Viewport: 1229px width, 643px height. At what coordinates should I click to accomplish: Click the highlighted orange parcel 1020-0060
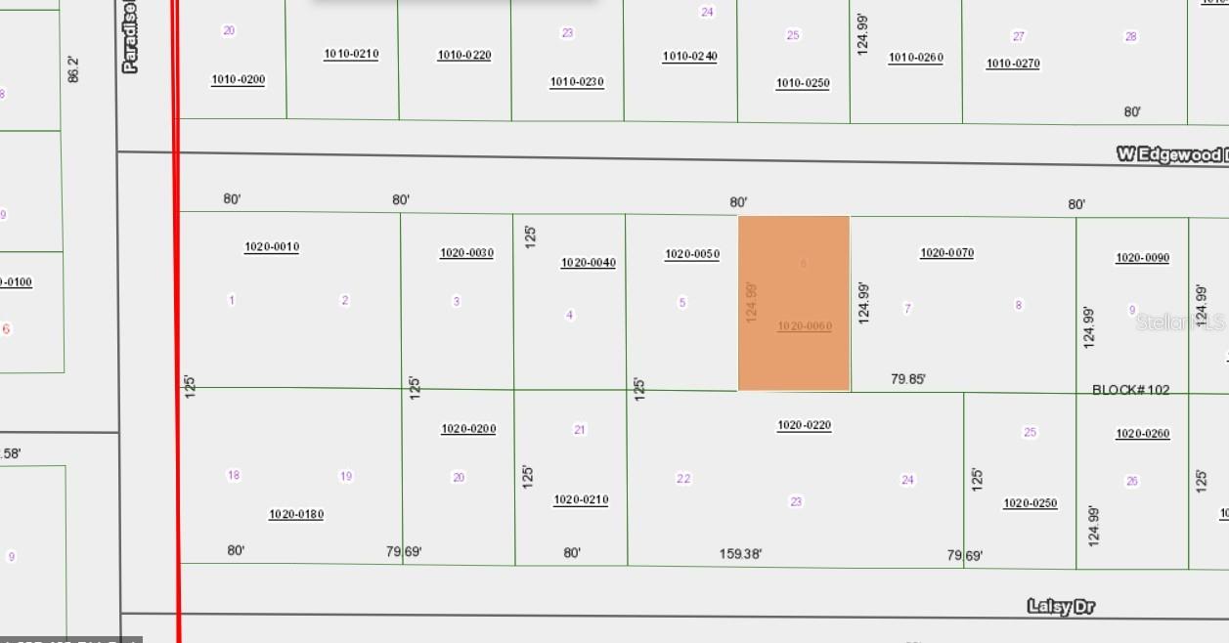coord(794,303)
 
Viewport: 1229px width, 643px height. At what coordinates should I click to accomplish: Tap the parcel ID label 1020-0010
coord(272,247)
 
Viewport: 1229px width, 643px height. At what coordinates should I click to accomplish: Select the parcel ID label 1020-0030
coord(466,253)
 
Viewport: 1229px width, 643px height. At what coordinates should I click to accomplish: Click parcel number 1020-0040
coord(588,263)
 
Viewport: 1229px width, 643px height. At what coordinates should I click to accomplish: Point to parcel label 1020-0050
coord(692,254)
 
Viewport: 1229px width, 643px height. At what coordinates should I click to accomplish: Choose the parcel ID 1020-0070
coord(946,253)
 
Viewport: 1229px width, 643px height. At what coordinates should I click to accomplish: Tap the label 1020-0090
coord(1142,258)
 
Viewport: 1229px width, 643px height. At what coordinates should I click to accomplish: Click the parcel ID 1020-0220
coord(804,425)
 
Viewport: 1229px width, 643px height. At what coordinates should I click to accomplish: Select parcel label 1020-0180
coord(296,514)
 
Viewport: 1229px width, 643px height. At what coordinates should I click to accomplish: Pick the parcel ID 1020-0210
coord(581,499)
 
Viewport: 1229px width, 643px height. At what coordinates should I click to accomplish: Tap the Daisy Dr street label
coord(1061,607)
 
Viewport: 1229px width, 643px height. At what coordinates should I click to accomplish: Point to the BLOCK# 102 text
coord(1130,390)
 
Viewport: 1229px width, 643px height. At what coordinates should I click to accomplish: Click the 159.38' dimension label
coord(740,554)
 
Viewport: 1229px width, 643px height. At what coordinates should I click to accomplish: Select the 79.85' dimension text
coord(908,379)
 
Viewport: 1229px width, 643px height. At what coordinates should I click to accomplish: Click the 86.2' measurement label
coord(73,68)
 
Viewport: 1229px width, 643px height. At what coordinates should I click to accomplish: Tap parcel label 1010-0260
coord(915,58)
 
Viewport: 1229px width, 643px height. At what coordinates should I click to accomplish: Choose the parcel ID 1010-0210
coord(351,54)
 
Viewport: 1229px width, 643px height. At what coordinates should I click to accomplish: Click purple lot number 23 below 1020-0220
coord(796,501)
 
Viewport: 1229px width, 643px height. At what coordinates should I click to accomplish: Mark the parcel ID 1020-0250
coord(1030,503)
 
